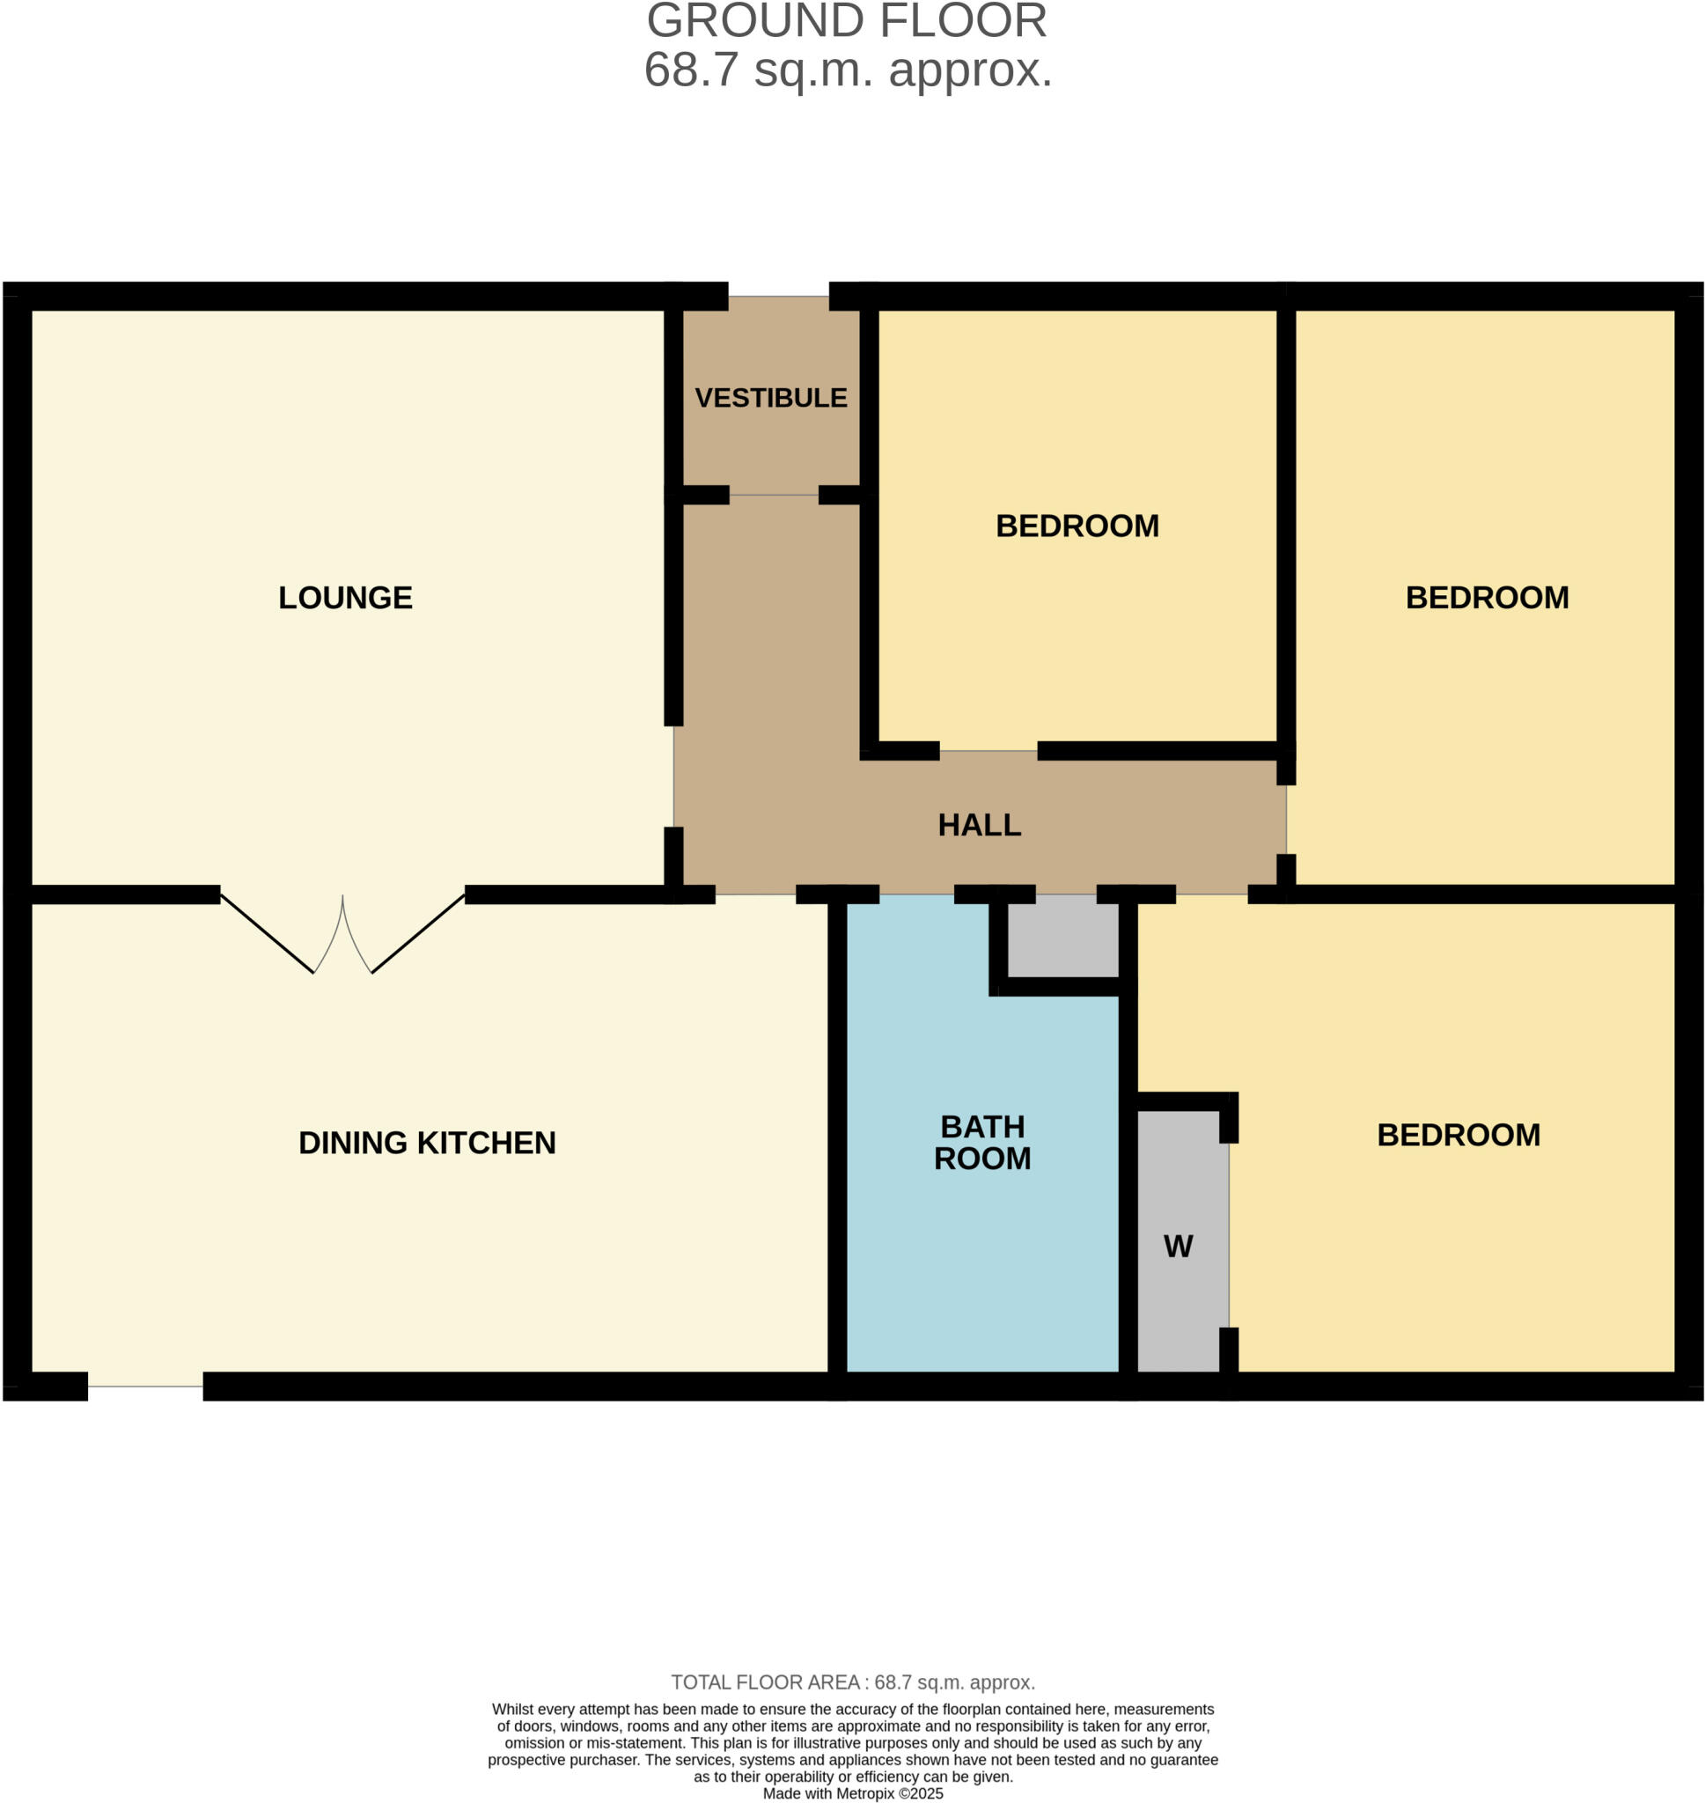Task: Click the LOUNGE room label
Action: pos(345,598)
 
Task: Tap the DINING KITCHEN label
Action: pos(427,1143)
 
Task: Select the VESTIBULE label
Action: pos(771,398)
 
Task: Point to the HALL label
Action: pos(979,825)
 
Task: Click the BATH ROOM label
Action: pos(982,1143)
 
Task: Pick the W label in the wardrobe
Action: pos(1178,1246)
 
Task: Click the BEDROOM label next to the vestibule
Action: pos(1077,526)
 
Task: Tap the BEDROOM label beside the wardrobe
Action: pos(1458,1135)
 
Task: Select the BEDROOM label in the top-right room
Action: pos(1487,598)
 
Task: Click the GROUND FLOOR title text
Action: pos(846,21)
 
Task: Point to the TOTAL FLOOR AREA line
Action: pos(852,1682)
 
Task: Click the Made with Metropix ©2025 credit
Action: pos(852,1794)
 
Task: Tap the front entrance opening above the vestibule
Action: pos(778,298)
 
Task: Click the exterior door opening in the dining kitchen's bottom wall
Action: pos(145,1386)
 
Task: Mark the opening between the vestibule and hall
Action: pos(774,496)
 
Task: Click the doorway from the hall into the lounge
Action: pos(673,777)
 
